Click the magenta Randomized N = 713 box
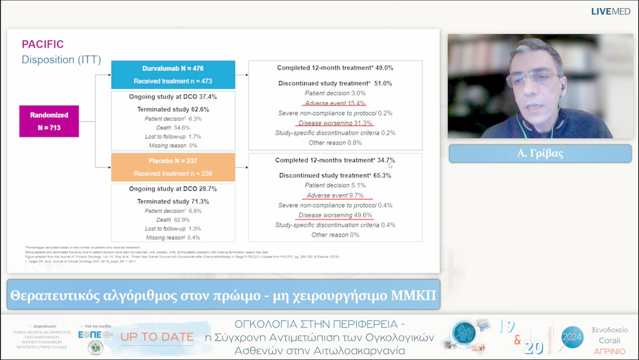click(49, 121)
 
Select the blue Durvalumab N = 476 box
click(173, 75)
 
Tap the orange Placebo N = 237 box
click(173, 167)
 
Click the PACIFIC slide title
click(43, 44)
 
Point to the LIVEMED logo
click(610, 11)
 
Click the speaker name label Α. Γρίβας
click(540, 153)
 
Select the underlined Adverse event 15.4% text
click(335, 103)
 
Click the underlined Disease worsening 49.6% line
click(335, 215)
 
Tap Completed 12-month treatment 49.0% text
click(335, 68)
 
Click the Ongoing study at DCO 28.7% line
click(173, 189)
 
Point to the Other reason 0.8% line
click(335, 143)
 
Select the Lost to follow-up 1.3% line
click(173, 229)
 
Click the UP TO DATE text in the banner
click(157, 337)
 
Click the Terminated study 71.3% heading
click(173, 202)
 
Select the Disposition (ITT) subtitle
click(61, 60)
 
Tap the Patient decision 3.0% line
click(335, 94)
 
